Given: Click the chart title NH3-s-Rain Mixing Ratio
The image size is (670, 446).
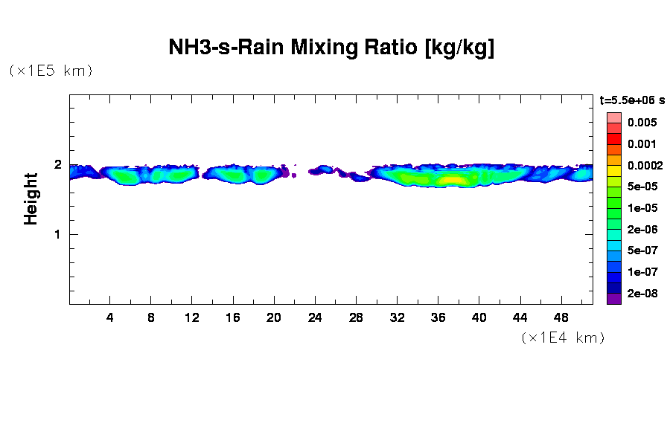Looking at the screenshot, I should tap(331, 49).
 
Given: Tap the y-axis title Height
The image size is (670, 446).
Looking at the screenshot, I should tap(31, 198).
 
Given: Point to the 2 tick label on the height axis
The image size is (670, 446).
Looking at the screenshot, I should tap(58, 165).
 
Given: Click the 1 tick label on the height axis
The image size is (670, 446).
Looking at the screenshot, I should tap(58, 234).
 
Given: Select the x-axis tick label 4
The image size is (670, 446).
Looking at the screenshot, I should tap(110, 317).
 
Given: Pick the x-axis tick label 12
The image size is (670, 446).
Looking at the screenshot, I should tap(192, 317).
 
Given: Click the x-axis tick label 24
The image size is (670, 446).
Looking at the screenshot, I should tap(315, 317).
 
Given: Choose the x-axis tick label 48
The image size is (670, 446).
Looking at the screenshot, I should tap(561, 317).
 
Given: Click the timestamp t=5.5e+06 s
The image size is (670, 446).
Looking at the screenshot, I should tap(632, 100).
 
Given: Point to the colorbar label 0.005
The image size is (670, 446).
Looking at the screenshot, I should tap(642, 123).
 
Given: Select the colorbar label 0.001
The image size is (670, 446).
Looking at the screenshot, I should tap(642, 144).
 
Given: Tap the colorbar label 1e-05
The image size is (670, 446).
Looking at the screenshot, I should tap(642, 208).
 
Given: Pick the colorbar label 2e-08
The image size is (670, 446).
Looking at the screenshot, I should tap(642, 294).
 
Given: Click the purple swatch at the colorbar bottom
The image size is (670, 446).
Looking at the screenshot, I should tap(613, 299).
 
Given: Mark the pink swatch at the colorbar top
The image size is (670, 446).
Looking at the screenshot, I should tap(613, 117).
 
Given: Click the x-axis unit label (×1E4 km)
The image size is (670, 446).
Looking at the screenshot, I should tap(563, 338).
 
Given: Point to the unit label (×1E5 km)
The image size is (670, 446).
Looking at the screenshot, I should tap(51, 71).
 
